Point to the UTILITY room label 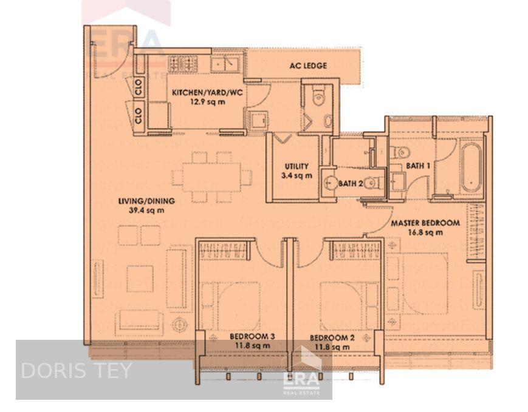point(297,166)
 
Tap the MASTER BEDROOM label point(425,223)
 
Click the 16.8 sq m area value point(425,232)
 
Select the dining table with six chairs point(211,178)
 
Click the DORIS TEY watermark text point(76,371)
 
